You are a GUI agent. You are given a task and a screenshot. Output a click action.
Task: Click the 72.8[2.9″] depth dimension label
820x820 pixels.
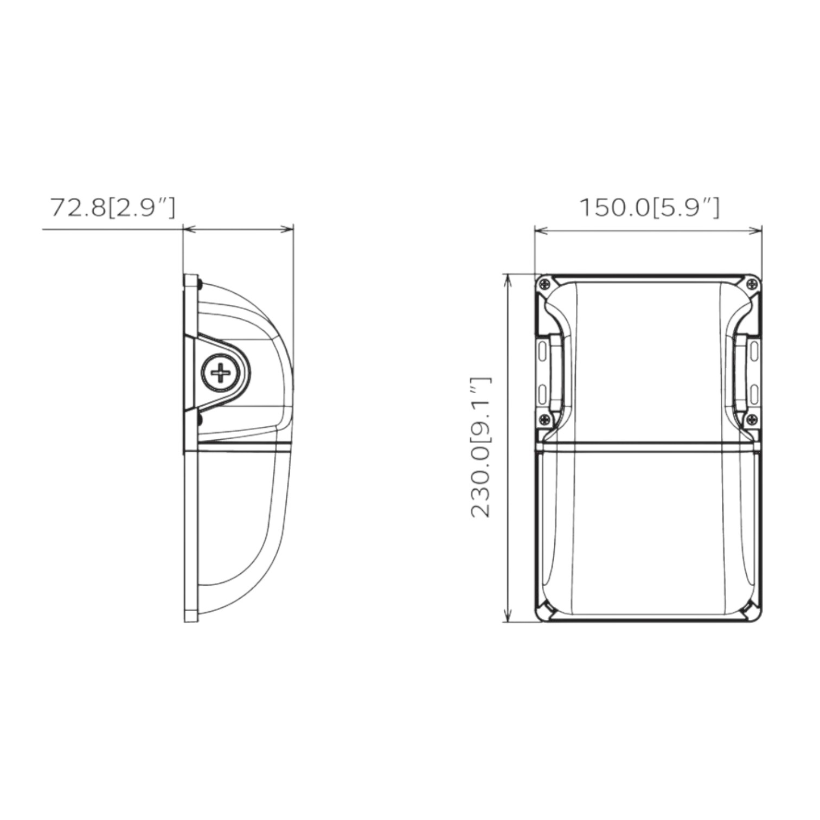coord(113,208)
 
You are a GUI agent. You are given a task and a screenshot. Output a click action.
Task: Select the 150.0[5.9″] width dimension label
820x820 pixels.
coord(650,208)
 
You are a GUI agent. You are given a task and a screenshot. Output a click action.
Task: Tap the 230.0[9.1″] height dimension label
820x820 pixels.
coord(481,447)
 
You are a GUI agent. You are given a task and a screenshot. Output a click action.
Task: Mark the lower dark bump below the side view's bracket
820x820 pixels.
coord(200,420)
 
